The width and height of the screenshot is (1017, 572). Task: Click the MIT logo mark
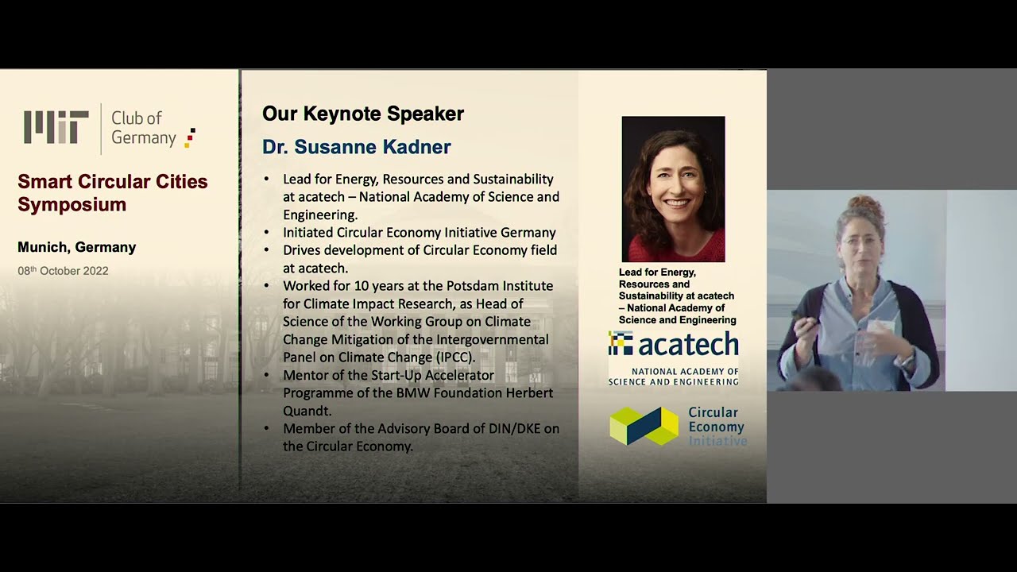pyautogui.click(x=56, y=127)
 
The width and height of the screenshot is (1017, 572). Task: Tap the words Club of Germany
pyautogui.click(x=143, y=128)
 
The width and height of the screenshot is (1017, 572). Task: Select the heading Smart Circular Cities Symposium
pyautogui.click(x=112, y=193)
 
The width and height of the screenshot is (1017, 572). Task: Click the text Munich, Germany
pyautogui.click(x=76, y=247)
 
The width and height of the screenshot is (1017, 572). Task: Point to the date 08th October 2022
pyautogui.click(x=63, y=271)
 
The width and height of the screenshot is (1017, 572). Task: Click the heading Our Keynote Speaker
pyautogui.click(x=363, y=114)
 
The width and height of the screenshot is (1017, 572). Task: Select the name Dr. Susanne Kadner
pyautogui.click(x=357, y=147)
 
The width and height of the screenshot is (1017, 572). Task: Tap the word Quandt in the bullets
pyautogui.click(x=307, y=411)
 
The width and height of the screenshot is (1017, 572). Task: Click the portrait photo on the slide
pyautogui.click(x=673, y=189)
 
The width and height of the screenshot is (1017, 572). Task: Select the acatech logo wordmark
pyautogui.click(x=674, y=345)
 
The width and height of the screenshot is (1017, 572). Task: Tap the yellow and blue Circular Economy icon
pyautogui.click(x=644, y=426)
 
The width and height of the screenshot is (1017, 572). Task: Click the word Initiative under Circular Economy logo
pyautogui.click(x=717, y=441)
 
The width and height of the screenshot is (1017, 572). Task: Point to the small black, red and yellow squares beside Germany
pyautogui.click(x=190, y=137)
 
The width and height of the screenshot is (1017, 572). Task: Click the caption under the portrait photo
pyautogui.click(x=677, y=296)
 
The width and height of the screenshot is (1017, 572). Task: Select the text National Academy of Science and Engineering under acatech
pyautogui.click(x=673, y=377)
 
